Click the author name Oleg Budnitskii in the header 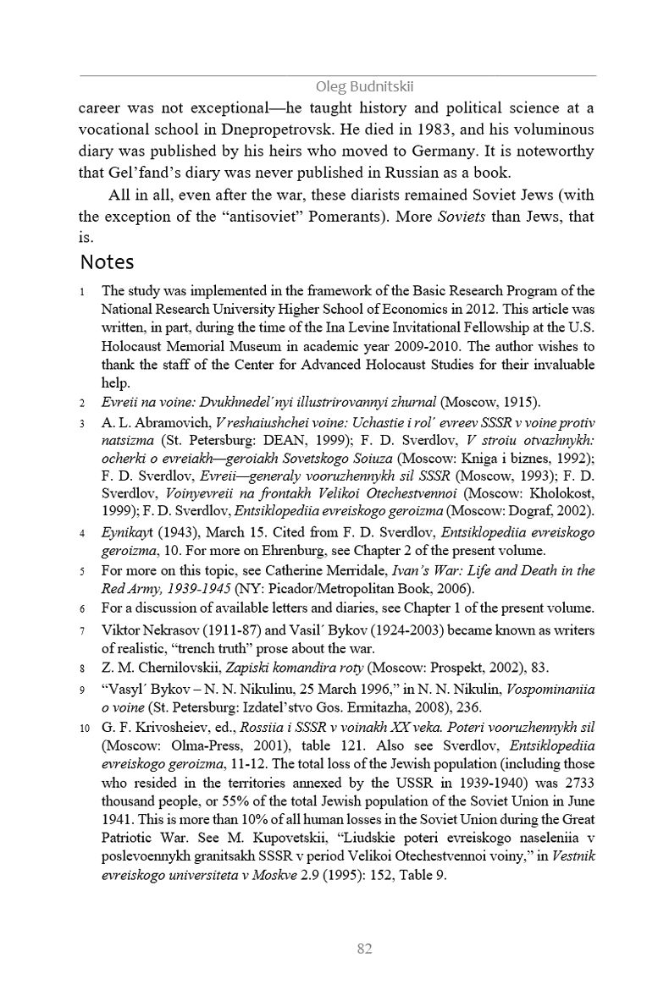click(x=364, y=86)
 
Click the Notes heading click(x=107, y=261)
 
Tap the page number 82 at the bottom click(x=365, y=949)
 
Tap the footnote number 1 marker click(x=82, y=293)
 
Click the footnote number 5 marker click(x=82, y=571)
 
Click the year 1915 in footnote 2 click(x=518, y=401)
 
